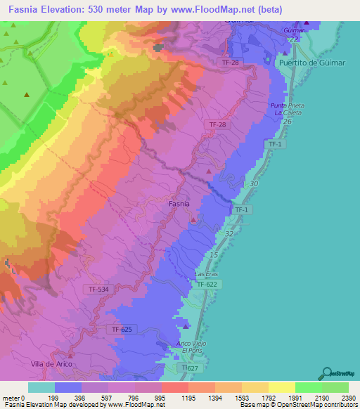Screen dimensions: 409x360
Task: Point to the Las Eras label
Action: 206,273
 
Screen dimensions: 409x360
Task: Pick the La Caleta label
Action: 288,113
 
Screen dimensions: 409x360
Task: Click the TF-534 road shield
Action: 99,289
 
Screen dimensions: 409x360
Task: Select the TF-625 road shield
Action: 122,329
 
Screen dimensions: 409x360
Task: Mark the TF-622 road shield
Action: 207,284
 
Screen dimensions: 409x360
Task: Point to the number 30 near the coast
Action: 253,183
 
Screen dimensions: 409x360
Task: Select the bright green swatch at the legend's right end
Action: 335,387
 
